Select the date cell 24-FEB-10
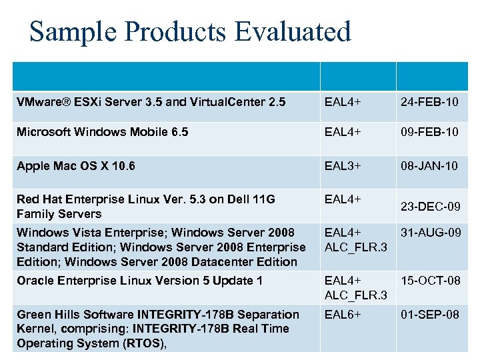click(x=430, y=102)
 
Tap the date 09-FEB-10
click(x=430, y=132)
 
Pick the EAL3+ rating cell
click(x=343, y=165)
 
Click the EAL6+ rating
click(x=343, y=314)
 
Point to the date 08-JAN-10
click(x=430, y=165)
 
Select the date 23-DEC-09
click(x=430, y=207)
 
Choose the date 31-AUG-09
click(x=430, y=233)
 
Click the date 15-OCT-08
click(x=430, y=281)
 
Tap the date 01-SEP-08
click(x=430, y=314)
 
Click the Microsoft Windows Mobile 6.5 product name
click(x=103, y=132)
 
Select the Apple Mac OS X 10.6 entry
click(x=76, y=165)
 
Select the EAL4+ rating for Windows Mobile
click(x=343, y=132)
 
